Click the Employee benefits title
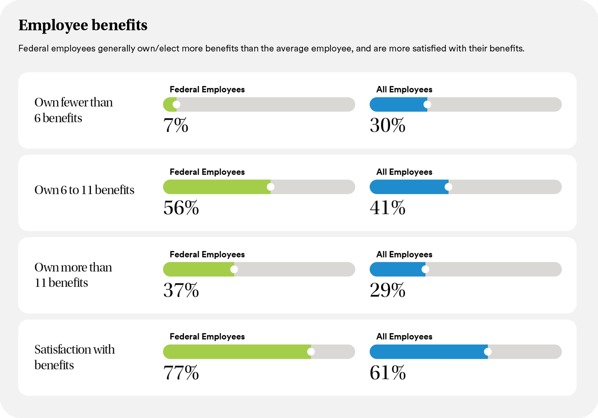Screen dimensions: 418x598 point(83,25)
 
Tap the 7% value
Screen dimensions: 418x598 point(176,125)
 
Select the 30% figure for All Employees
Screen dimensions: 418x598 point(387,125)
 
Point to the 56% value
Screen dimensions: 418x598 point(181,208)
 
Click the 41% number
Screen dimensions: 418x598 point(387,208)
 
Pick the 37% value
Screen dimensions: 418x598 point(181,290)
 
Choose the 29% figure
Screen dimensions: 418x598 point(387,290)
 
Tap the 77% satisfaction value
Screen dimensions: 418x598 point(181,372)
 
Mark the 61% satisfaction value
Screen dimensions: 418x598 point(387,372)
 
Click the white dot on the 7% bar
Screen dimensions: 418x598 point(176,104)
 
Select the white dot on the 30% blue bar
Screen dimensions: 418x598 point(427,104)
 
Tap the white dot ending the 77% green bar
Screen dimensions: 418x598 point(311,352)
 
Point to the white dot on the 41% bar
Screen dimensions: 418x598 point(448,187)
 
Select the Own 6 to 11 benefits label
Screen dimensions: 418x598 point(84,190)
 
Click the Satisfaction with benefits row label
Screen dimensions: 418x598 point(74,357)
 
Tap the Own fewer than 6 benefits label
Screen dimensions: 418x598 point(73,110)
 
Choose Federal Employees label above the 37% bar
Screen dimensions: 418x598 point(207,255)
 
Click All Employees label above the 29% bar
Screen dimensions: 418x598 point(404,255)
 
